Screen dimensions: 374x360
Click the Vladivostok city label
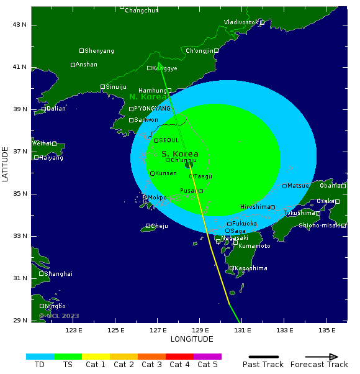(241, 22)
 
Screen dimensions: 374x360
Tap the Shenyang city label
(99, 51)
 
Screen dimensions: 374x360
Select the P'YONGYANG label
(152, 109)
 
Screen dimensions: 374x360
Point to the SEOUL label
(169, 140)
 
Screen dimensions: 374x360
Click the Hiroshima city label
(255, 207)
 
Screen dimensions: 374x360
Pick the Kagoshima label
(251, 268)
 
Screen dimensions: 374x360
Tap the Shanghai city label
(58, 274)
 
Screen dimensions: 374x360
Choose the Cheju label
(160, 226)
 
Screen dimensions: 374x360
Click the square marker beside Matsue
(285, 186)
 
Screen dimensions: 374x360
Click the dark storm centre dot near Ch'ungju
(189, 165)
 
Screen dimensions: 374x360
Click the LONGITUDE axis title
(192, 339)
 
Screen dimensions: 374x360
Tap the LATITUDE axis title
(6, 160)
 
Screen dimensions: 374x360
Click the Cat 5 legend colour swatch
(207, 357)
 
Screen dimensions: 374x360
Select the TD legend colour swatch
(40, 357)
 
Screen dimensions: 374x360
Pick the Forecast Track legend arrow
(319, 357)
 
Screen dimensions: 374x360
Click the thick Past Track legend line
(263, 357)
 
